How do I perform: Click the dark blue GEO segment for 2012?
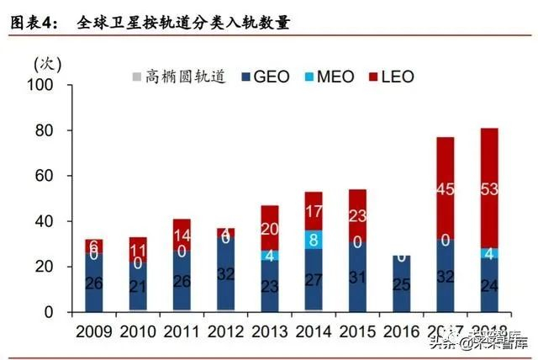click(x=224, y=273)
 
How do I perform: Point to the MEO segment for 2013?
click(x=269, y=254)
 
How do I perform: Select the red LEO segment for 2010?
click(x=136, y=250)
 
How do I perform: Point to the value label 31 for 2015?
click(x=358, y=278)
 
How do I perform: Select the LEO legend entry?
click(x=391, y=77)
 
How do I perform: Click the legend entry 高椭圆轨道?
click(x=182, y=77)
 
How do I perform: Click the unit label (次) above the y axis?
click(x=46, y=63)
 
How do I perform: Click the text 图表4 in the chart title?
click(x=32, y=23)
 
